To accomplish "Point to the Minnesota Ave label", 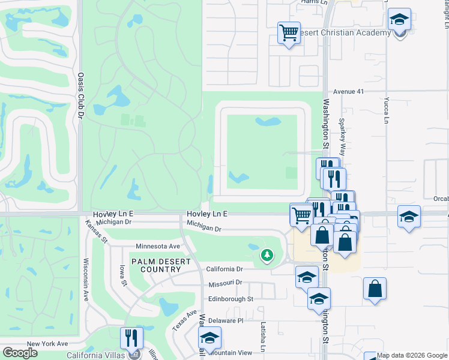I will click(158, 246).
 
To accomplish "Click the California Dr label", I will click(224, 269).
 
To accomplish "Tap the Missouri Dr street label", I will click(225, 283).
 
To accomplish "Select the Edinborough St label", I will click(231, 298).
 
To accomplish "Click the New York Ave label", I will click(49, 344).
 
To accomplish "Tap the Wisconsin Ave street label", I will click(86, 280).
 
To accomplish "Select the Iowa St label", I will click(124, 277).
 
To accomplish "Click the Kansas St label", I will click(96, 231).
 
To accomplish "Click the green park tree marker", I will click(267, 256).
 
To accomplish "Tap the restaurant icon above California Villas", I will click(131, 338).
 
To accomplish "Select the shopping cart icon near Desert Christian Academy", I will click(289, 32).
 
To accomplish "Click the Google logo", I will click(20, 353).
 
